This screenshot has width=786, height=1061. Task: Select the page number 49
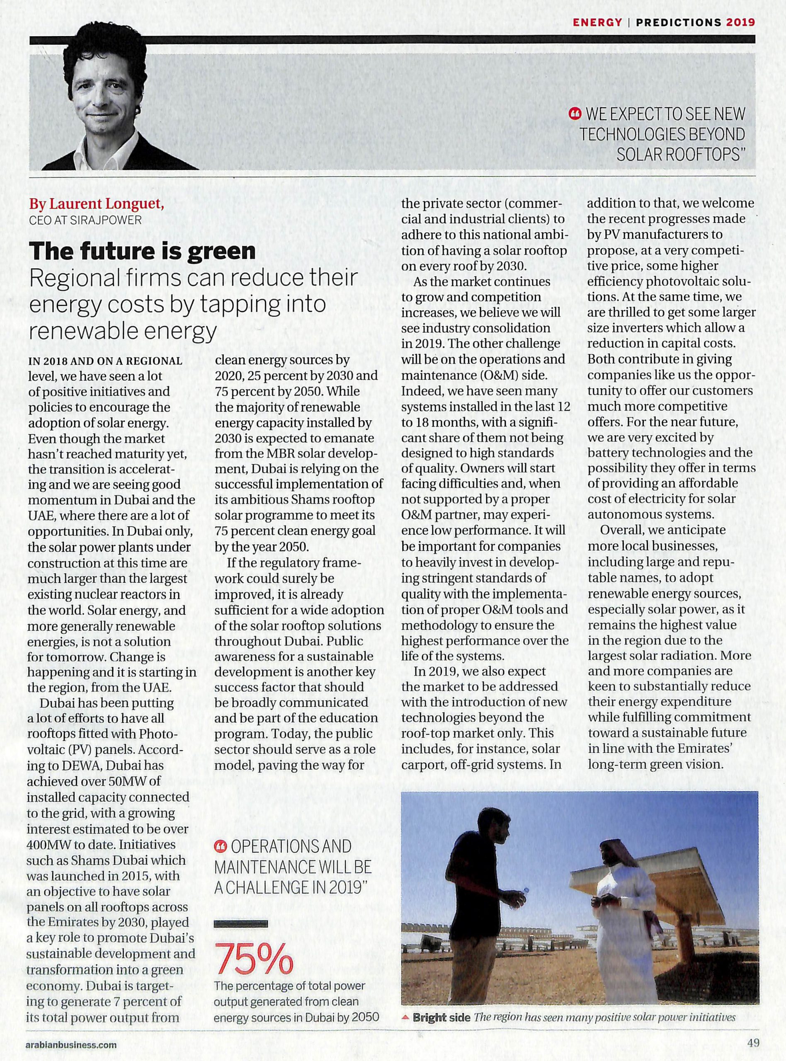tap(753, 1044)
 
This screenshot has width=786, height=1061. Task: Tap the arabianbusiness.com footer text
tap(72, 1045)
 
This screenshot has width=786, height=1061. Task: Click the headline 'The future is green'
tap(143, 251)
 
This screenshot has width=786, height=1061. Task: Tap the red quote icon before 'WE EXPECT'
tap(575, 114)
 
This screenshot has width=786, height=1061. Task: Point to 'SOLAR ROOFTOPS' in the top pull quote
tap(680, 155)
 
